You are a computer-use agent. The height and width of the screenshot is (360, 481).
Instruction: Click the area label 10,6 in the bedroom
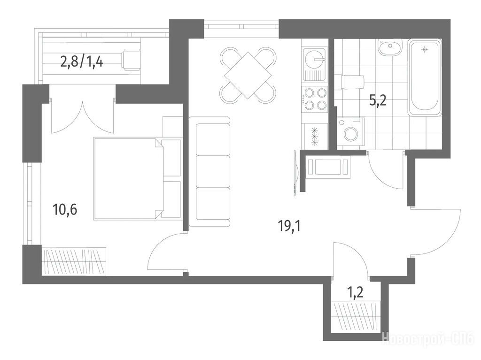tap(64, 210)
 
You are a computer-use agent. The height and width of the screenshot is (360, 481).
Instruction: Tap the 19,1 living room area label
tap(290, 226)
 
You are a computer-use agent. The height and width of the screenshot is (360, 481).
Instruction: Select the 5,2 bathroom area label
tap(378, 100)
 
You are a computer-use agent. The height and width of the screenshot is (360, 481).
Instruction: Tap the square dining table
tap(248, 75)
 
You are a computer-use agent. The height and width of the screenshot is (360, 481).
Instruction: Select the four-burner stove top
tap(315, 99)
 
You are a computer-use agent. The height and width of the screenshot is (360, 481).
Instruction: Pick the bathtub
tap(425, 77)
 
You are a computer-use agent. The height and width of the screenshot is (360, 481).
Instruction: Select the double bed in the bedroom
tap(137, 178)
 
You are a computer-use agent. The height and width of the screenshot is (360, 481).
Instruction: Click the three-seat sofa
tap(209, 172)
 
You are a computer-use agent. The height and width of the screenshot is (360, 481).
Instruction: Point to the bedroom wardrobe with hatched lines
tap(74, 260)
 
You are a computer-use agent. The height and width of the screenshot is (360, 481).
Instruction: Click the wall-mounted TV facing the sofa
tap(295, 172)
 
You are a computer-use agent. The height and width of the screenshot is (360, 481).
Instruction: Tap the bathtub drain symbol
tap(425, 49)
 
